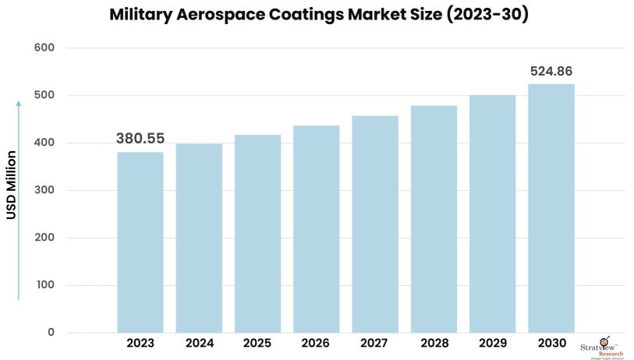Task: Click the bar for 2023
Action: [x=140, y=242]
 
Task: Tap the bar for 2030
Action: [x=551, y=208]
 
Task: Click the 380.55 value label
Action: [x=140, y=139]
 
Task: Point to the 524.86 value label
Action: [x=551, y=72]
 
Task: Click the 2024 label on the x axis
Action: [x=199, y=344]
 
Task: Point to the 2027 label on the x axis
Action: [x=375, y=344]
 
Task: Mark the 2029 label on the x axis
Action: [x=492, y=344]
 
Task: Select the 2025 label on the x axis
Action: [x=257, y=344]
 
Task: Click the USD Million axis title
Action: [x=12, y=185]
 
